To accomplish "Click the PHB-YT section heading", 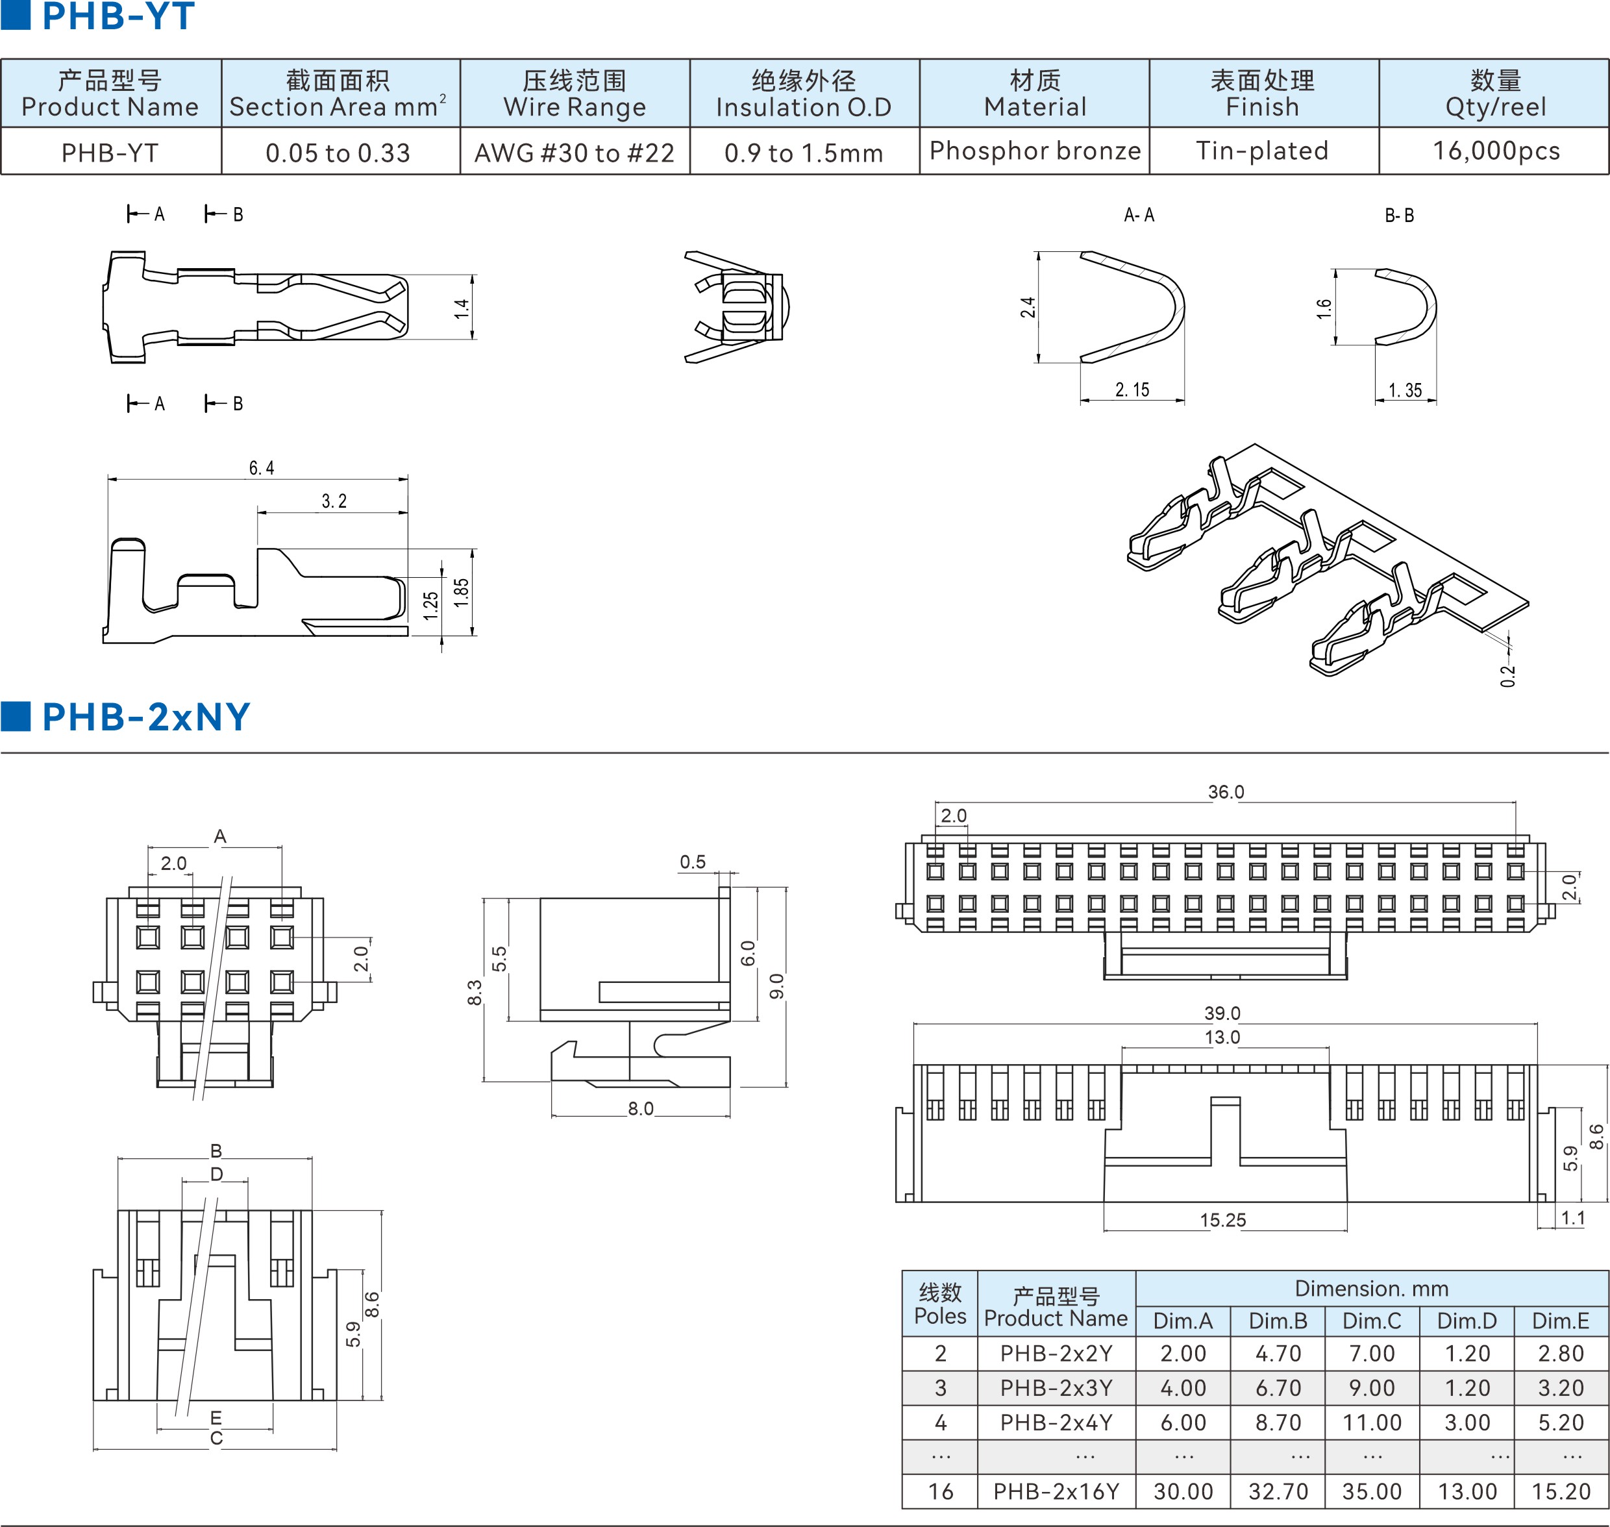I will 118,16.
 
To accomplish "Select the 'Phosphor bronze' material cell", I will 1035,151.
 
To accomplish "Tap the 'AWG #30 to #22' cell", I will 575,153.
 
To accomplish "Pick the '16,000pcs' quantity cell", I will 1496,151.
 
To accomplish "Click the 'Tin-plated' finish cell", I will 1263,151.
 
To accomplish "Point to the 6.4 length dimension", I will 261,468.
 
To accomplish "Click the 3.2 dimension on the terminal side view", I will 334,501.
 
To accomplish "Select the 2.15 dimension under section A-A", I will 1132,390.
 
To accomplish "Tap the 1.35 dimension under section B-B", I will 1405,391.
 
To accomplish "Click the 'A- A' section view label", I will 1139,215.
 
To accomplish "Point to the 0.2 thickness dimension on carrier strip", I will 1507,676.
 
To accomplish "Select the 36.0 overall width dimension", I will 1226,792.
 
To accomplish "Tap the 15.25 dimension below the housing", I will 1222,1220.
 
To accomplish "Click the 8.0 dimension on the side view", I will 641,1109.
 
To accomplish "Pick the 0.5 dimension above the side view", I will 693,862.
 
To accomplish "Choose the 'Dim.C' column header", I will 1372,1321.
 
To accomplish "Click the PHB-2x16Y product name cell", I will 1056,1491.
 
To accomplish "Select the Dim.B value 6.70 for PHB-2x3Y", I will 1278,1388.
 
